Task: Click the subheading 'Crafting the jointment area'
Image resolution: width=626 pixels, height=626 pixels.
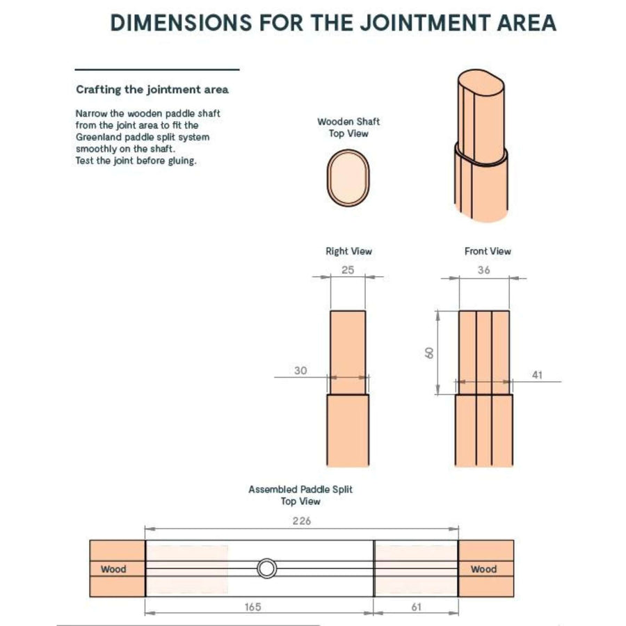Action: click(152, 90)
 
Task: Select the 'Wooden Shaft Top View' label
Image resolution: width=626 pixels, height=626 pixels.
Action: click(348, 127)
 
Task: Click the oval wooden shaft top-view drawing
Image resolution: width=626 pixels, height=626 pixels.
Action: click(348, 177)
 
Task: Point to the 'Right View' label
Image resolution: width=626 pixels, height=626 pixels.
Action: click(349, 251)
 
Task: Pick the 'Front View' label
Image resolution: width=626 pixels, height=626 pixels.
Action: click(488, 251)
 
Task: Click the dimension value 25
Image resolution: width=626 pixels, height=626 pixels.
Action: click(348, 270)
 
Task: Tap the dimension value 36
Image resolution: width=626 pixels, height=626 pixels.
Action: click(484, 270)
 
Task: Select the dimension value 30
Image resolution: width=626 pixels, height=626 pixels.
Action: click(300, 371)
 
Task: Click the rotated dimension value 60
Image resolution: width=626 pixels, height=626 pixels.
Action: click(428, 353)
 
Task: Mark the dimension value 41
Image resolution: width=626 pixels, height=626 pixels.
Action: click(538, 375)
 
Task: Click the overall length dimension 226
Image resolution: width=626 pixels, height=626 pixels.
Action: click(302, 521)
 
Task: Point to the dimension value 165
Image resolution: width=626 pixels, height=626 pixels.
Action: click(252, 607)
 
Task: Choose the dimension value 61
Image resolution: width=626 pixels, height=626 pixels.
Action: click(417, 607)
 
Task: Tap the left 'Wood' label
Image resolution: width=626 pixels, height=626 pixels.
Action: click(113, 569)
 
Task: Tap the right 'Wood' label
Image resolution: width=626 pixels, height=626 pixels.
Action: click(484, 569)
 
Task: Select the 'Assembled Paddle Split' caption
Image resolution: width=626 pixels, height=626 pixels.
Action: click(300, 490)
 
